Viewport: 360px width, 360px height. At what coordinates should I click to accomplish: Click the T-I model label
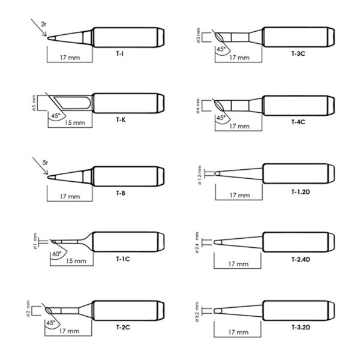tap(119, 54)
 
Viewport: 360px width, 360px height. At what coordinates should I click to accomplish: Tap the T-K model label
tap(121, 120)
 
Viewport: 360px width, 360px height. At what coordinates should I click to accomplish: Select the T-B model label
tap(121, 193)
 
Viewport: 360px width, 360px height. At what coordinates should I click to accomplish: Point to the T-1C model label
tap(123, 259)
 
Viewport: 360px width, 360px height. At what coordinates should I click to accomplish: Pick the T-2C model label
tap(123, 327)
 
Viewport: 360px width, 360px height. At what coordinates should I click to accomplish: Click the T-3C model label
tap(298, 53)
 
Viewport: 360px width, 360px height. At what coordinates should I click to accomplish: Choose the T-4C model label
tap(298, 122)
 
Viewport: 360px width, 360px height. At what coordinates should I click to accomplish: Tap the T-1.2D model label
tap(301, 191)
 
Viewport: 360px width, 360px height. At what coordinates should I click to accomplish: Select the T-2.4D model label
tap(301, 259)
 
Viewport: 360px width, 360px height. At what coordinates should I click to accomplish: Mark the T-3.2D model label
tap(301, 327)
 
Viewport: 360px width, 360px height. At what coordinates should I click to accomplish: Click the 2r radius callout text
tap(44, 24)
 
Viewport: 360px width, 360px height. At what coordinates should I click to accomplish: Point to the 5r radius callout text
tap(45, 163)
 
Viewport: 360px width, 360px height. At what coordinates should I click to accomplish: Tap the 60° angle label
tap(57, 254)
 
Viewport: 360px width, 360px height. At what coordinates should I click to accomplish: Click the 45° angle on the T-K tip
tap(56, 116)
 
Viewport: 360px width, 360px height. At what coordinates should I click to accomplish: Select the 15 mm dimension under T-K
tap(75, 122)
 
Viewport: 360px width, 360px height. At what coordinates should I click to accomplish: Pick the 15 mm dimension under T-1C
tap(76, 261)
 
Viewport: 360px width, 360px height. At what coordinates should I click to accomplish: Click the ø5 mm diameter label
tap(34, 103)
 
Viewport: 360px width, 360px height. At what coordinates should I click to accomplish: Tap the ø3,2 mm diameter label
tap(197, 312)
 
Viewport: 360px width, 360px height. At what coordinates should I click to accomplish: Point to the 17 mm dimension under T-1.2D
tap(239, 196)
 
